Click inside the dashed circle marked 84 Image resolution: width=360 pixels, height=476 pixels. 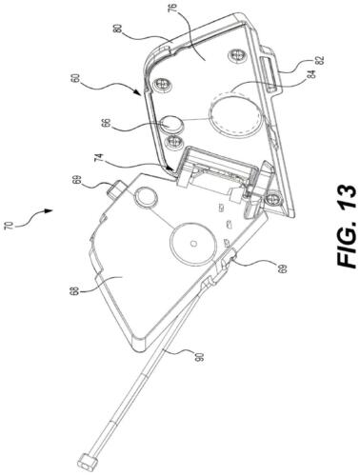[x=228, y=116]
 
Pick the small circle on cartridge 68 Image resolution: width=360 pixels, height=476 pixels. [x=146, y=197]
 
